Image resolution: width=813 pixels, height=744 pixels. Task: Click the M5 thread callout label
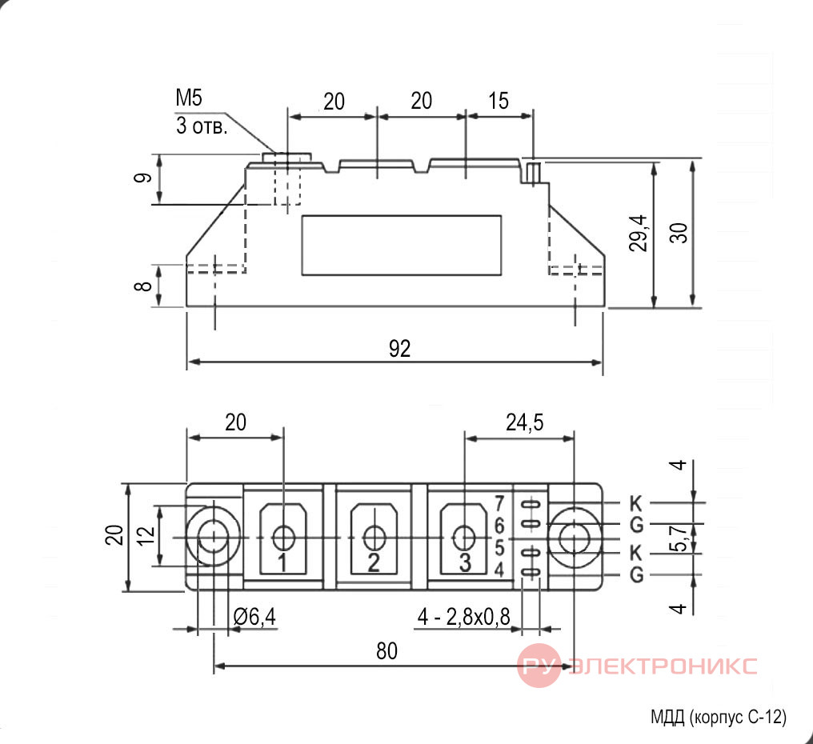click(x=190, y=98)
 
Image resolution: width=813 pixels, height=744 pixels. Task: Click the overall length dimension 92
click(x=400, y=349)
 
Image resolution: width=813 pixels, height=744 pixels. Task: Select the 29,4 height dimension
click(x=639, y=233)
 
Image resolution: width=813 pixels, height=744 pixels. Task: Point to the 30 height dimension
click(x=679, y=233)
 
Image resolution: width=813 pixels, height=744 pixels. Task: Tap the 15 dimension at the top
click(x=499, y=101)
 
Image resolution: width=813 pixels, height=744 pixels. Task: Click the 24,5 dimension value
click(x=525, y=422)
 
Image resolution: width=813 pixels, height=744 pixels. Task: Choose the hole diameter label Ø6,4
click(x=254, y=617)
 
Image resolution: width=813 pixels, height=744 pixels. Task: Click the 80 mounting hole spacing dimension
click(x=386, y=651)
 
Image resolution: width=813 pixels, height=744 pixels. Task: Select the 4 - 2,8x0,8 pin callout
click(x=463, y=617)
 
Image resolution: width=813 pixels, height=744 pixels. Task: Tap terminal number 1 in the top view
click(x=282, y=562)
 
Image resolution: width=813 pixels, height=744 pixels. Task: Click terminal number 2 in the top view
click(x=374, y=562)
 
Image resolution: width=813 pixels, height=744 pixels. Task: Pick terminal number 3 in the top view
click(x=465, y=562)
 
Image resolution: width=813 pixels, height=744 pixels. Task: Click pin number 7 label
click(x=499, y=503)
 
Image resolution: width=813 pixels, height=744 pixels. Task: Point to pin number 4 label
click(x=499, y=570)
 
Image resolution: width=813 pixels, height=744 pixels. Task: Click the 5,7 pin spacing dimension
click(x=680, y=538)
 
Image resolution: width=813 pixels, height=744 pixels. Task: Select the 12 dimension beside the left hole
click(x=146, y=534)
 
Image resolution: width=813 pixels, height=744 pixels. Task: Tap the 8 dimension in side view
click(x=143, y=285)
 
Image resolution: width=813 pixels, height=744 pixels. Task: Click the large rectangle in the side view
click(x=402, y=246)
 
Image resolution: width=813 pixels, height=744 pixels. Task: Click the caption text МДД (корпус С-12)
click(x=718, y=717)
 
